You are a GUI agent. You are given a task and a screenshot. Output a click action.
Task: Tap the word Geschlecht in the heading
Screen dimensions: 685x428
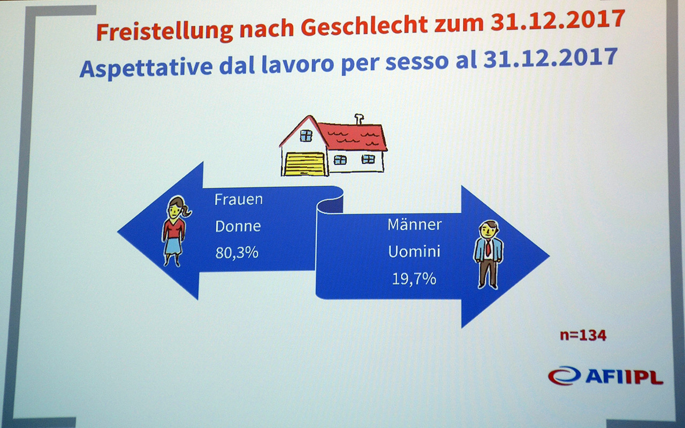coord(364,25)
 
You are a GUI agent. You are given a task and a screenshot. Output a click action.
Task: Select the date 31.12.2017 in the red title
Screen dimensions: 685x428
coord(558,20)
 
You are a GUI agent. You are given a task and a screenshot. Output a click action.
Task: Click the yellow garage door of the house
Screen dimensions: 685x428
coord(305,164)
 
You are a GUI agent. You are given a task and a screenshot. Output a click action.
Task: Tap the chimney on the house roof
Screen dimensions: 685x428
coord(359,119)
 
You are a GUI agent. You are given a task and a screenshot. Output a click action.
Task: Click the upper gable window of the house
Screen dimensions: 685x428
coord(306,135)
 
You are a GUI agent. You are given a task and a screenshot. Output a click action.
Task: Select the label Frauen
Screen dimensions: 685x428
coord(239,200)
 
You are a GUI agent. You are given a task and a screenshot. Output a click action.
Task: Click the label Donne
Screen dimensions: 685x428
coord(238,226)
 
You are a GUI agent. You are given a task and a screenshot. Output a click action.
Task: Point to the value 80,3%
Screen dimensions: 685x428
coord(237,253)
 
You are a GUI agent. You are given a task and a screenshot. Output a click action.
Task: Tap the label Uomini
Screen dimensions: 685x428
coord(414,251)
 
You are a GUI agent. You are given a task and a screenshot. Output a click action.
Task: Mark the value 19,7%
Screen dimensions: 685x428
coord(414,279)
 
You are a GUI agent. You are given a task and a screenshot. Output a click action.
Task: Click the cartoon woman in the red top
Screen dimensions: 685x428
coord(175,231)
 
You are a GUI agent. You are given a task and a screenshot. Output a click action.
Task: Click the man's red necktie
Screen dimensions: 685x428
coord(488,247)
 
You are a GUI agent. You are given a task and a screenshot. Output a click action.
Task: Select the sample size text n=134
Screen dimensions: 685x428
coord(583,335)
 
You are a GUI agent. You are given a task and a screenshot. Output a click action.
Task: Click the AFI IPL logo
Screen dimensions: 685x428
coord(605,376)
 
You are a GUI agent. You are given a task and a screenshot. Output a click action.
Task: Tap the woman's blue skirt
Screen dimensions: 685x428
coord(173,246)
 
